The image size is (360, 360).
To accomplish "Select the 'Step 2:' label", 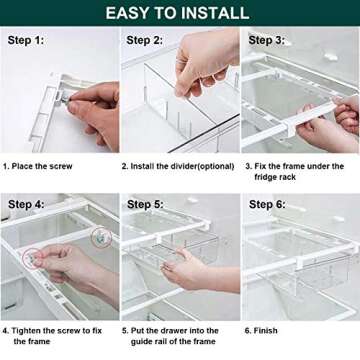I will click(x=144, y=41).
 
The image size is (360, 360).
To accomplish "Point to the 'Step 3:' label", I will click(x=266, y=41).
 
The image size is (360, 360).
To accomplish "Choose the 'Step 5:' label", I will click(x=144, y=204).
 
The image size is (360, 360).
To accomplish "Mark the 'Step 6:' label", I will click(x=266, y=204).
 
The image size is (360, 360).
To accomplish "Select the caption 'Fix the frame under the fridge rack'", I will click(x=300, y=171).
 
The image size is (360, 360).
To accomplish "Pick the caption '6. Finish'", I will click(x=262, y=328).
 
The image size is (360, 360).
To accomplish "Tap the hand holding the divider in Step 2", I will click(x=205, y=60).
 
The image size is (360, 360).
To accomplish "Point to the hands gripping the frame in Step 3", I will click(x=330, y=125).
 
